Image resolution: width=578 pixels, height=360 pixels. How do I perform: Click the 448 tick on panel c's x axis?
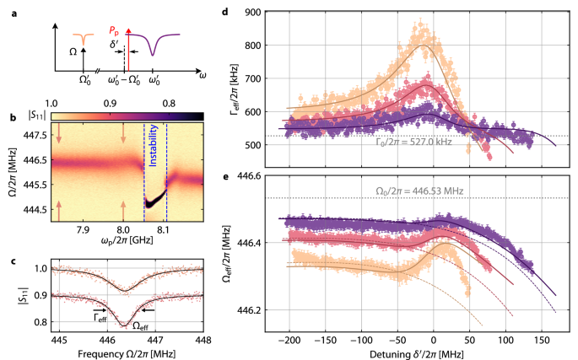[203, 339]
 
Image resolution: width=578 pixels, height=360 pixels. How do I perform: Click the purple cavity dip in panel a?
[153, 55]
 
